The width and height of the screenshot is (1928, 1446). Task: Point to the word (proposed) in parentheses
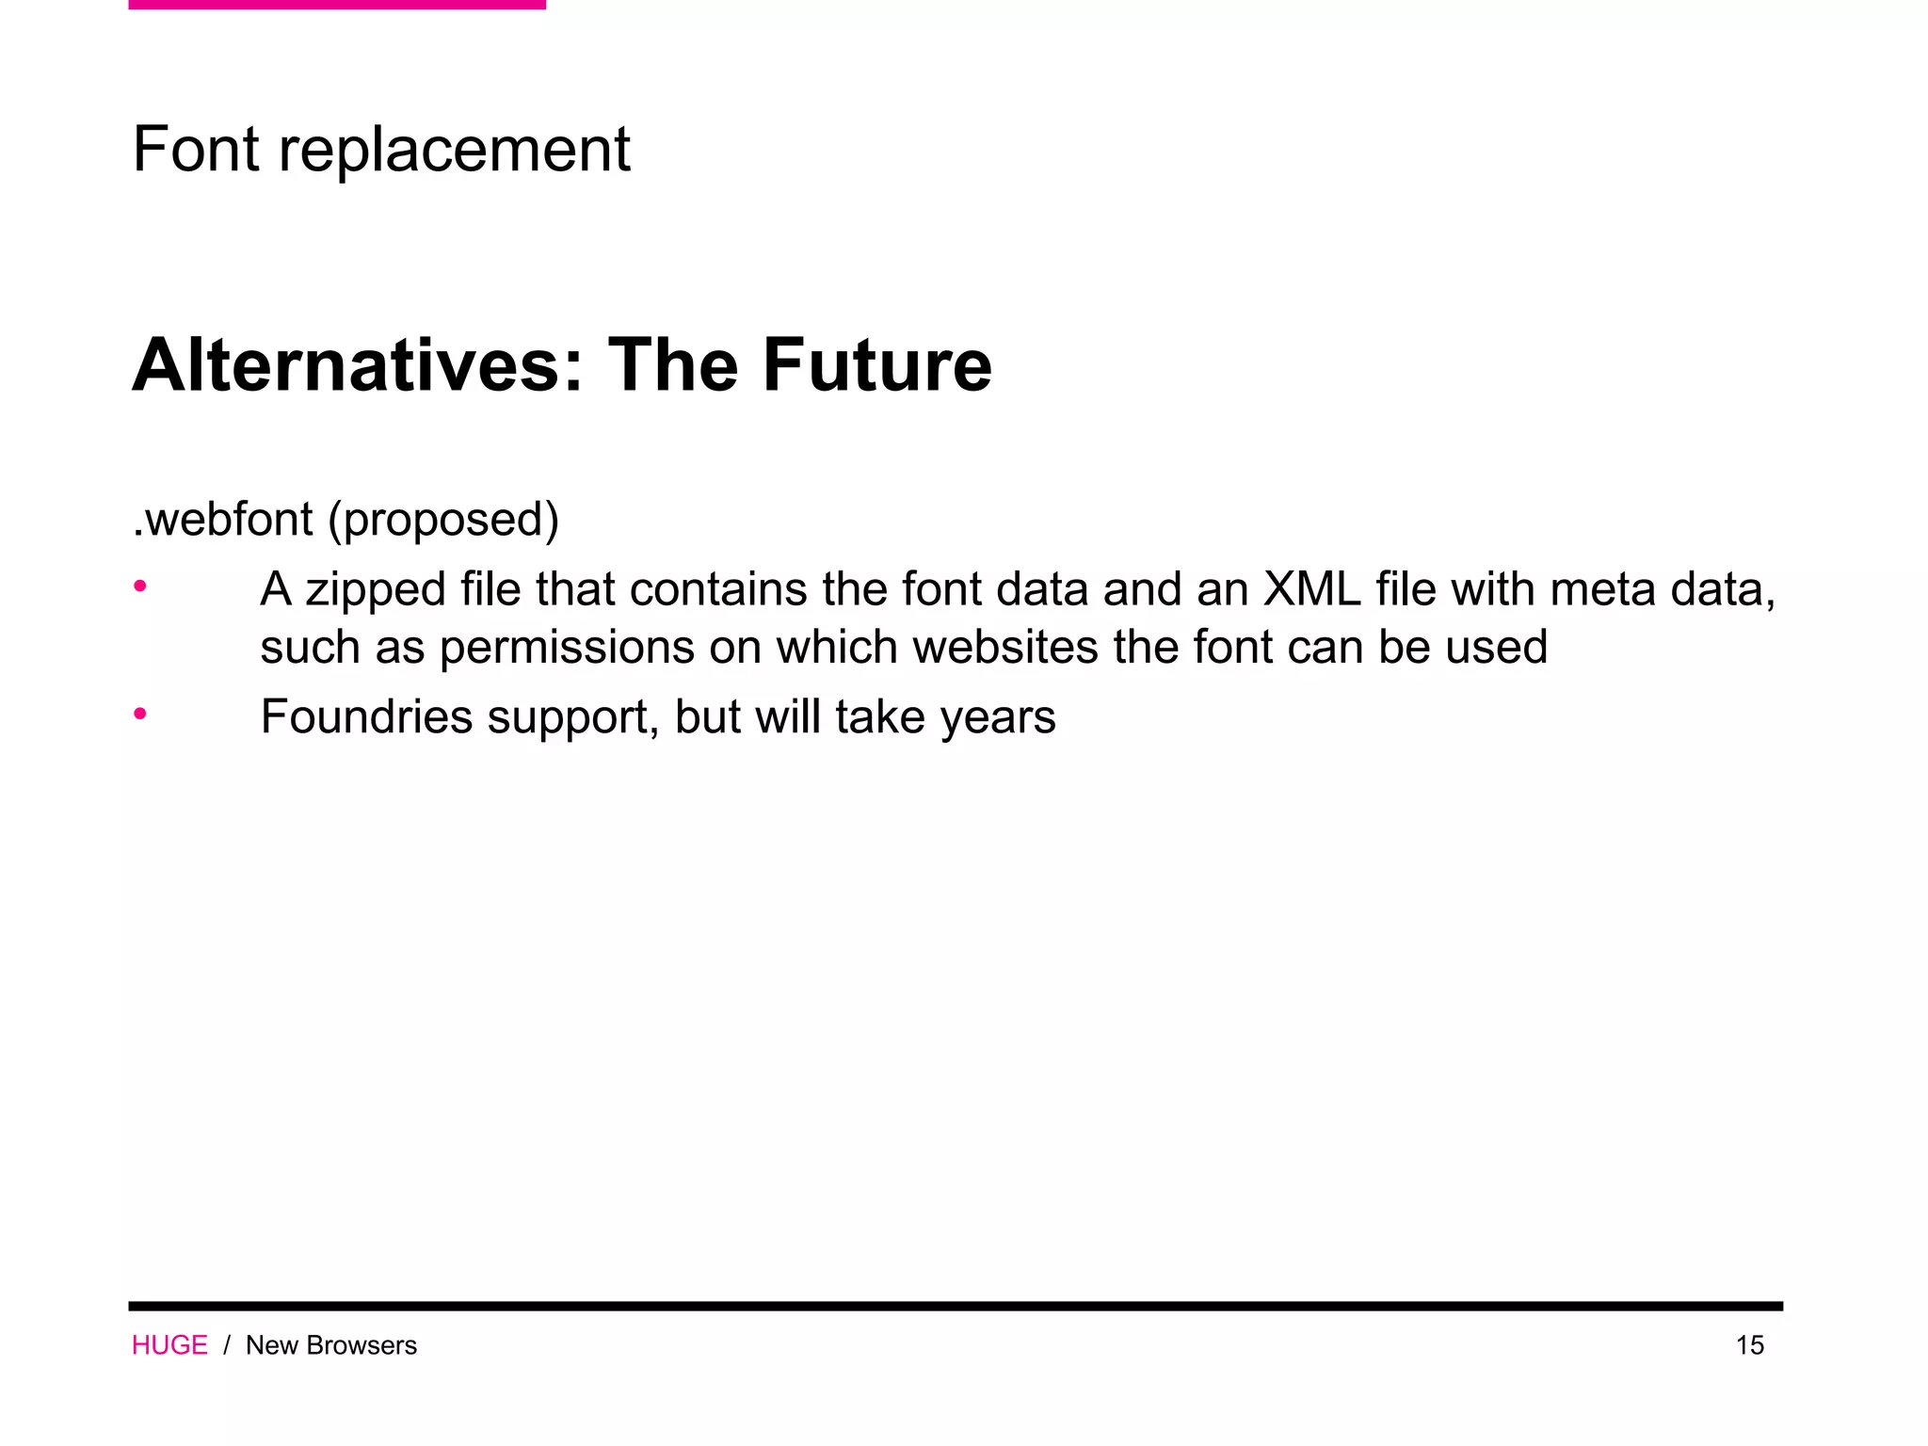(443, 521)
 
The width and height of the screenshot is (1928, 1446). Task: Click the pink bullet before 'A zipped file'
(140, 586)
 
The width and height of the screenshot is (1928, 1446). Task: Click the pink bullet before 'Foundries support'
(140, 714)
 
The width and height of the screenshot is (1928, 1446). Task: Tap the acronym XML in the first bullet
(1311, 589)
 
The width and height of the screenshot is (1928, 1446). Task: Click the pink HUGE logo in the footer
(169, 1345)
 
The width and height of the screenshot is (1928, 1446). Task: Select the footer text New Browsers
(330, 1345)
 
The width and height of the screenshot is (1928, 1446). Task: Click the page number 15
(1749, 1345)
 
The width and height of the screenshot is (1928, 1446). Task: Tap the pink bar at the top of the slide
(337, 5)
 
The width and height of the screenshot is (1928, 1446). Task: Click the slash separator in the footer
(227, 1345)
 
